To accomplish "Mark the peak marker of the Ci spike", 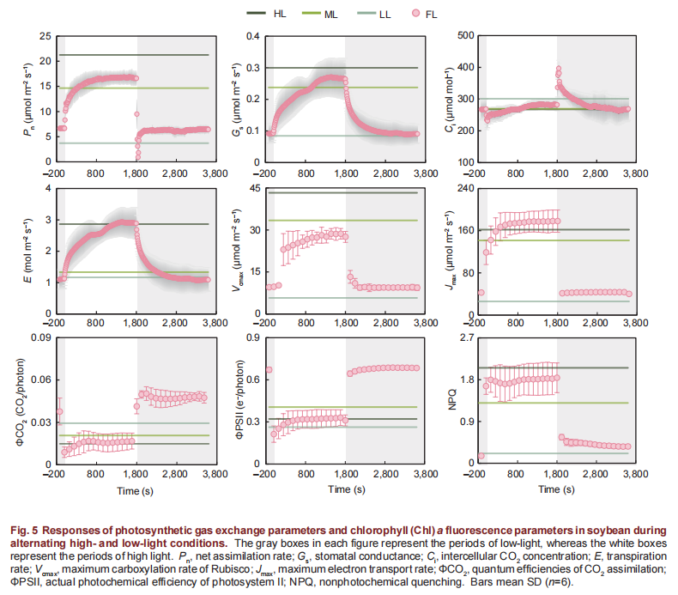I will tap(559, 68).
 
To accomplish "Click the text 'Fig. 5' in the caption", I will tap(22, 530).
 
